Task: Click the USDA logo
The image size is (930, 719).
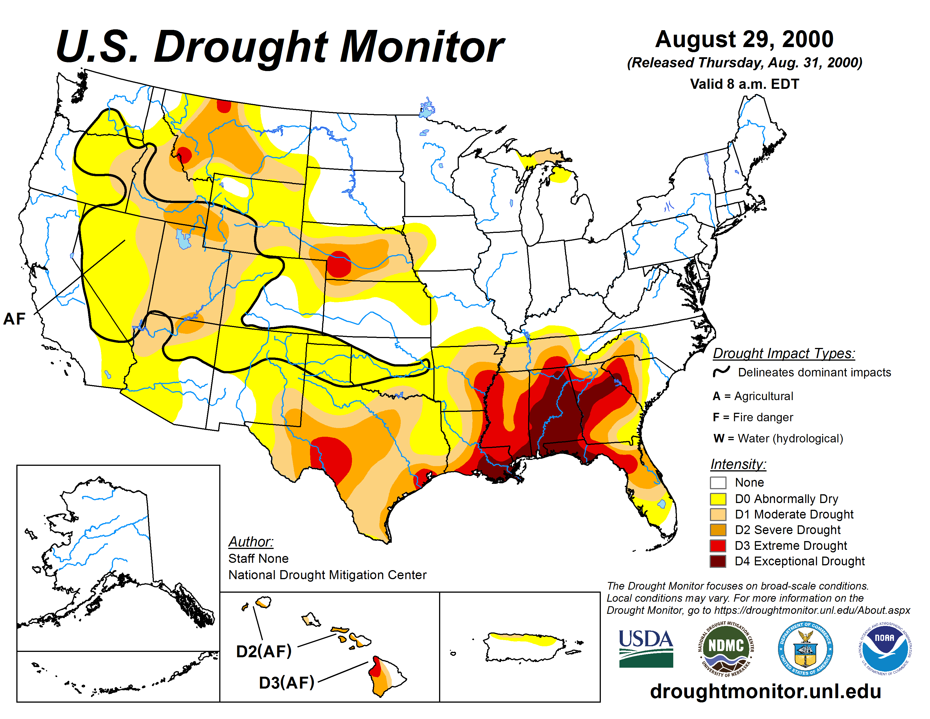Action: click(646, 648)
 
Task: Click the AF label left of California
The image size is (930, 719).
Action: click(14, 319)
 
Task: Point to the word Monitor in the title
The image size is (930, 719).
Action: click(422, 47)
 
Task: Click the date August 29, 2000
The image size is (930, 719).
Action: click(744, 39)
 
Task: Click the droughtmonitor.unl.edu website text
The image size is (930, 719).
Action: click(765, 691)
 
